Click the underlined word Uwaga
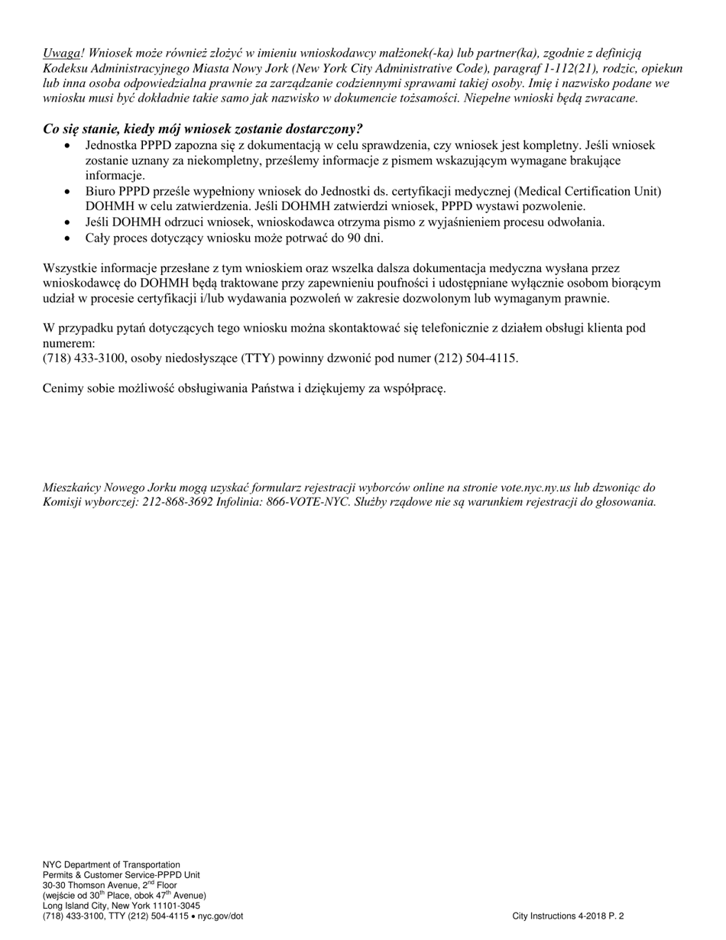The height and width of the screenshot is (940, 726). click(x=61, y=53)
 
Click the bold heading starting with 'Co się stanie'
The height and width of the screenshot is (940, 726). click(x=203, y=128)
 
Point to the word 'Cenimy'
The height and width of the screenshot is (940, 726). click(x=64, y=388)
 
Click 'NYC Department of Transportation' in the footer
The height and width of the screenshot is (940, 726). click(x=112, y=864)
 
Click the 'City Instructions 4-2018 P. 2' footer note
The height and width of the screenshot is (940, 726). click(x=568, y=916)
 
